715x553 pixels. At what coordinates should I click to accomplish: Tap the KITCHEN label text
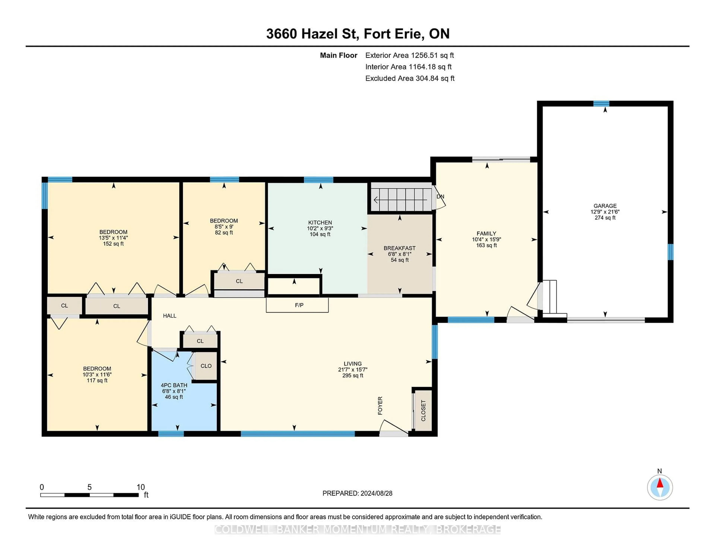coord(320,222)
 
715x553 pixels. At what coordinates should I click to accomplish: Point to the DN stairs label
coord(440,197)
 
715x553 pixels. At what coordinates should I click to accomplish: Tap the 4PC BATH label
coord(174,385)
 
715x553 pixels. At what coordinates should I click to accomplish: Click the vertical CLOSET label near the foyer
coord(423,410)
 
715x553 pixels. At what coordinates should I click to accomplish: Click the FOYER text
coord(380,406)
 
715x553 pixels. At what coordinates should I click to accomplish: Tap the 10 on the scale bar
coord(140,487)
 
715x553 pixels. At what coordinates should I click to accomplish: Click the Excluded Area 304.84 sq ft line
coord(410,78)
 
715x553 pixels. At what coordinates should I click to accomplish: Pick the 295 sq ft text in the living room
coord(353,375)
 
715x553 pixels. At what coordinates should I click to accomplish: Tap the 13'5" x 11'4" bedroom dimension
coord(113,238)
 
